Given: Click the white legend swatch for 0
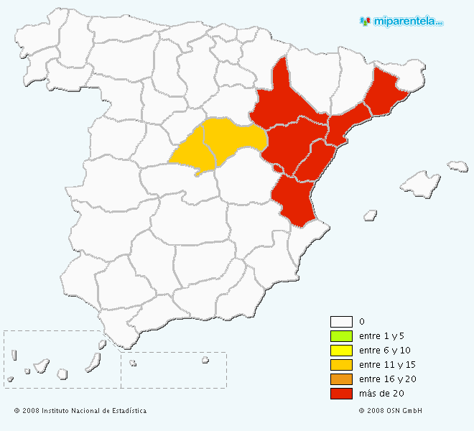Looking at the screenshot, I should pyautogui.click(x=341, y=322).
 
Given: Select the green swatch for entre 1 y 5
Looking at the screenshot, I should pyautogui.click(x=341, y=336).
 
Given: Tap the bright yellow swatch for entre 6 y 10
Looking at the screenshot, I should pyautogui.click(x=341, y=351).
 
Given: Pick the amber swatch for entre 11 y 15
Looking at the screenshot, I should pyautogui.click(x=341, y=365).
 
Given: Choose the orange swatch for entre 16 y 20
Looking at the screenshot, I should pyautogui.click(x=341, y=379).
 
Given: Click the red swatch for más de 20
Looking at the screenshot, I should pyautogui.click(x=341, y=394).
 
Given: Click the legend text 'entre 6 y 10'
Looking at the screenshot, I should pyautogui.click(x=384, y=351).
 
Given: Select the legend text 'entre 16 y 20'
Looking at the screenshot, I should pyautogui.click(x=387, y=379).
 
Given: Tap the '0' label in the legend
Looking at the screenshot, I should pyautogui.click(x=362, y=322).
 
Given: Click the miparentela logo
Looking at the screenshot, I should pyautogui.click(x=402, y=22).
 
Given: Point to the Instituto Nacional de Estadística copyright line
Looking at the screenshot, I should pyautogui.click(x=80, y=411).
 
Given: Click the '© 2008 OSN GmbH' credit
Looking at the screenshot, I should pyautogui.click(x=391, y=411).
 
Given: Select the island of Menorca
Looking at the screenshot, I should pyautogui.click(x=457, y=167).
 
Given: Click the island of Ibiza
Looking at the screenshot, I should pyautogui.click(x=371, y=214).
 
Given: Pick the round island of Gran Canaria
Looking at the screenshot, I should pyautogui.click(x=62, y=374).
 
